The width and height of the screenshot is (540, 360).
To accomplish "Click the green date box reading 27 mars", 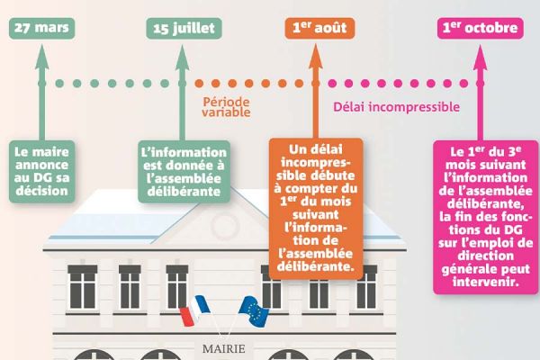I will (40, 28).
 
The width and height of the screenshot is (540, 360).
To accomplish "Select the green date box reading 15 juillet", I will (184, 28).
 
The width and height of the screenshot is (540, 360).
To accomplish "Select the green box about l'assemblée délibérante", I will (184, 166).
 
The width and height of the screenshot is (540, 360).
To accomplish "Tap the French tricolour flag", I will (193, 310).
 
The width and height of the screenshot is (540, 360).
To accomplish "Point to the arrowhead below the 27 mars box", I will (40, 56).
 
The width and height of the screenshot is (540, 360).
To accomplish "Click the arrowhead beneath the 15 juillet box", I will (184, 56).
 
